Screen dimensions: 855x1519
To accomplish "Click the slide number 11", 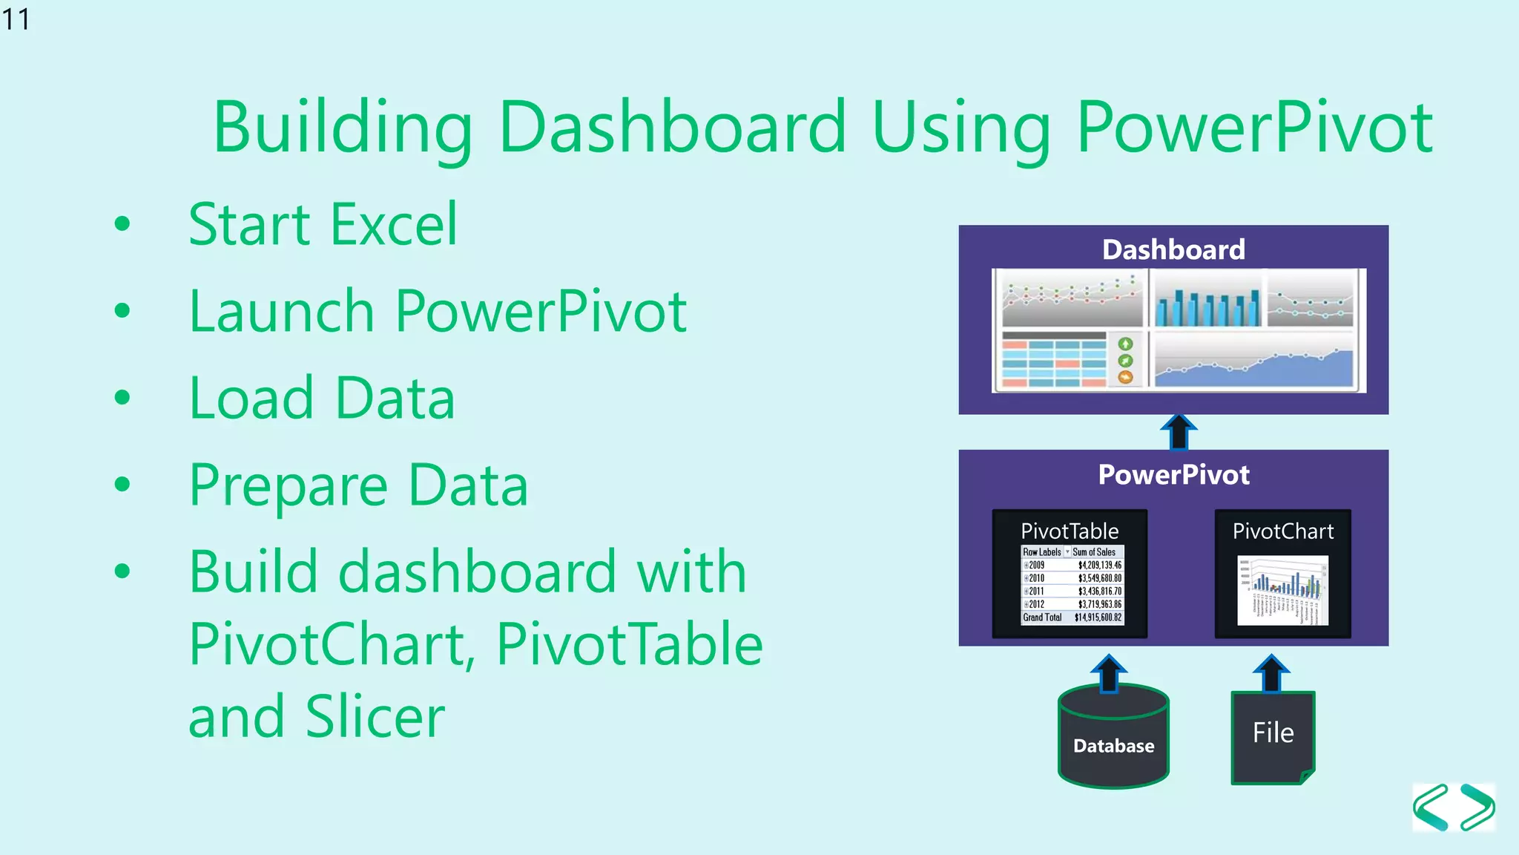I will (16, 19).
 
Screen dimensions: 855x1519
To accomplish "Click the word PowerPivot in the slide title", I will (1254, 128).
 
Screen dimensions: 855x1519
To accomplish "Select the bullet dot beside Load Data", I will (122, 398).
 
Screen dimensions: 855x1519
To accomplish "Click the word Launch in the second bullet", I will (281, 311).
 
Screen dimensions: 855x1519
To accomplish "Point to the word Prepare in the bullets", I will (289, 486).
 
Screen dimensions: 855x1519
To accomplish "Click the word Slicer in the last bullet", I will (375, 716).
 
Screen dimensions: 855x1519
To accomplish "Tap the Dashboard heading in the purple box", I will (1173, 250).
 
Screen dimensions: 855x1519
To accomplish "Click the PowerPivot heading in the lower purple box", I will (1173, 475).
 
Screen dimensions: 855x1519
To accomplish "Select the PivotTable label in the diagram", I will (1070, 531).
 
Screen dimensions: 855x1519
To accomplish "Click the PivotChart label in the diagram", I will (1282, 531).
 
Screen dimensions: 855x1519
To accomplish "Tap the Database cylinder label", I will (1113, 746).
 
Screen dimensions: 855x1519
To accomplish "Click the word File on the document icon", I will (1273, 733).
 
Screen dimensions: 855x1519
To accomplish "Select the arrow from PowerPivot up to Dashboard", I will (1178, 432).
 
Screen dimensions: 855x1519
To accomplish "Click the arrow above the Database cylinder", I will (1109, 673).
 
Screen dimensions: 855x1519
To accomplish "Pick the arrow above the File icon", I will (1271, 673).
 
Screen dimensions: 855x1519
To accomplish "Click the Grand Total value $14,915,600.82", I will (1098, 617).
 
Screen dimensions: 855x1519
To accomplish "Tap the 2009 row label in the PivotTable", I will (1036, 566).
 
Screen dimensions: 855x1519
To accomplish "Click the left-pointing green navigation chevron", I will (1431, 807).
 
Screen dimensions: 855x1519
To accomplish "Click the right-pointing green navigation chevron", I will (1477, 807).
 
